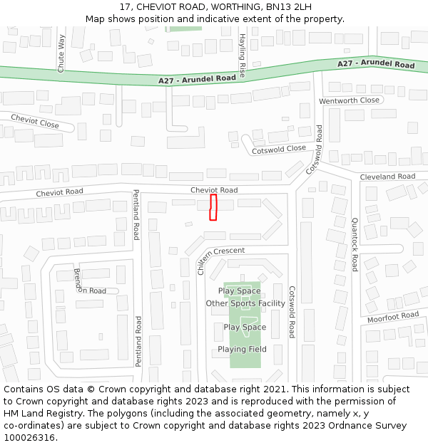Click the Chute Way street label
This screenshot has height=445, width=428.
coord(61,53)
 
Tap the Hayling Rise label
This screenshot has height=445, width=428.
coord(242,55)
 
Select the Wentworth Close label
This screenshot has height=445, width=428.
coord(349,100)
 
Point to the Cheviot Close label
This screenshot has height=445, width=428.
coord(35,120)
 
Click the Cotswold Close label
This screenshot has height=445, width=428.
coord(279,150)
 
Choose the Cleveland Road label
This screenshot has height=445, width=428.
coord(387,177)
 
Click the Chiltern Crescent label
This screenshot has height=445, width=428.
coord(220,256)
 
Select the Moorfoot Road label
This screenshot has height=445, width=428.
coord(393,316)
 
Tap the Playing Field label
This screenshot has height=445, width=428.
coord(242,349)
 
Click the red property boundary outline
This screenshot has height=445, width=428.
coord(213,207)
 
